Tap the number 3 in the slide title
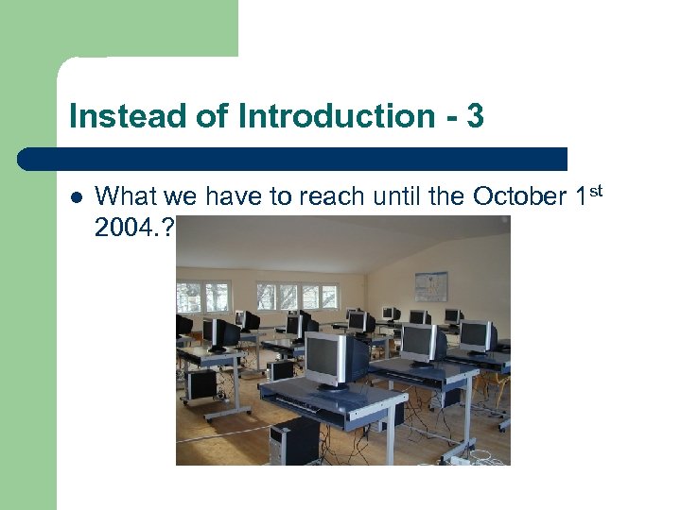475,116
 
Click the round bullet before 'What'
77,197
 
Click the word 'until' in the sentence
396,196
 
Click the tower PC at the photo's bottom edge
293,442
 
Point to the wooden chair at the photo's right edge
500,382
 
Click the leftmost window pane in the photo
190,297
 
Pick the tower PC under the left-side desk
201,384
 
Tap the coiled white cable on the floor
480,456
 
